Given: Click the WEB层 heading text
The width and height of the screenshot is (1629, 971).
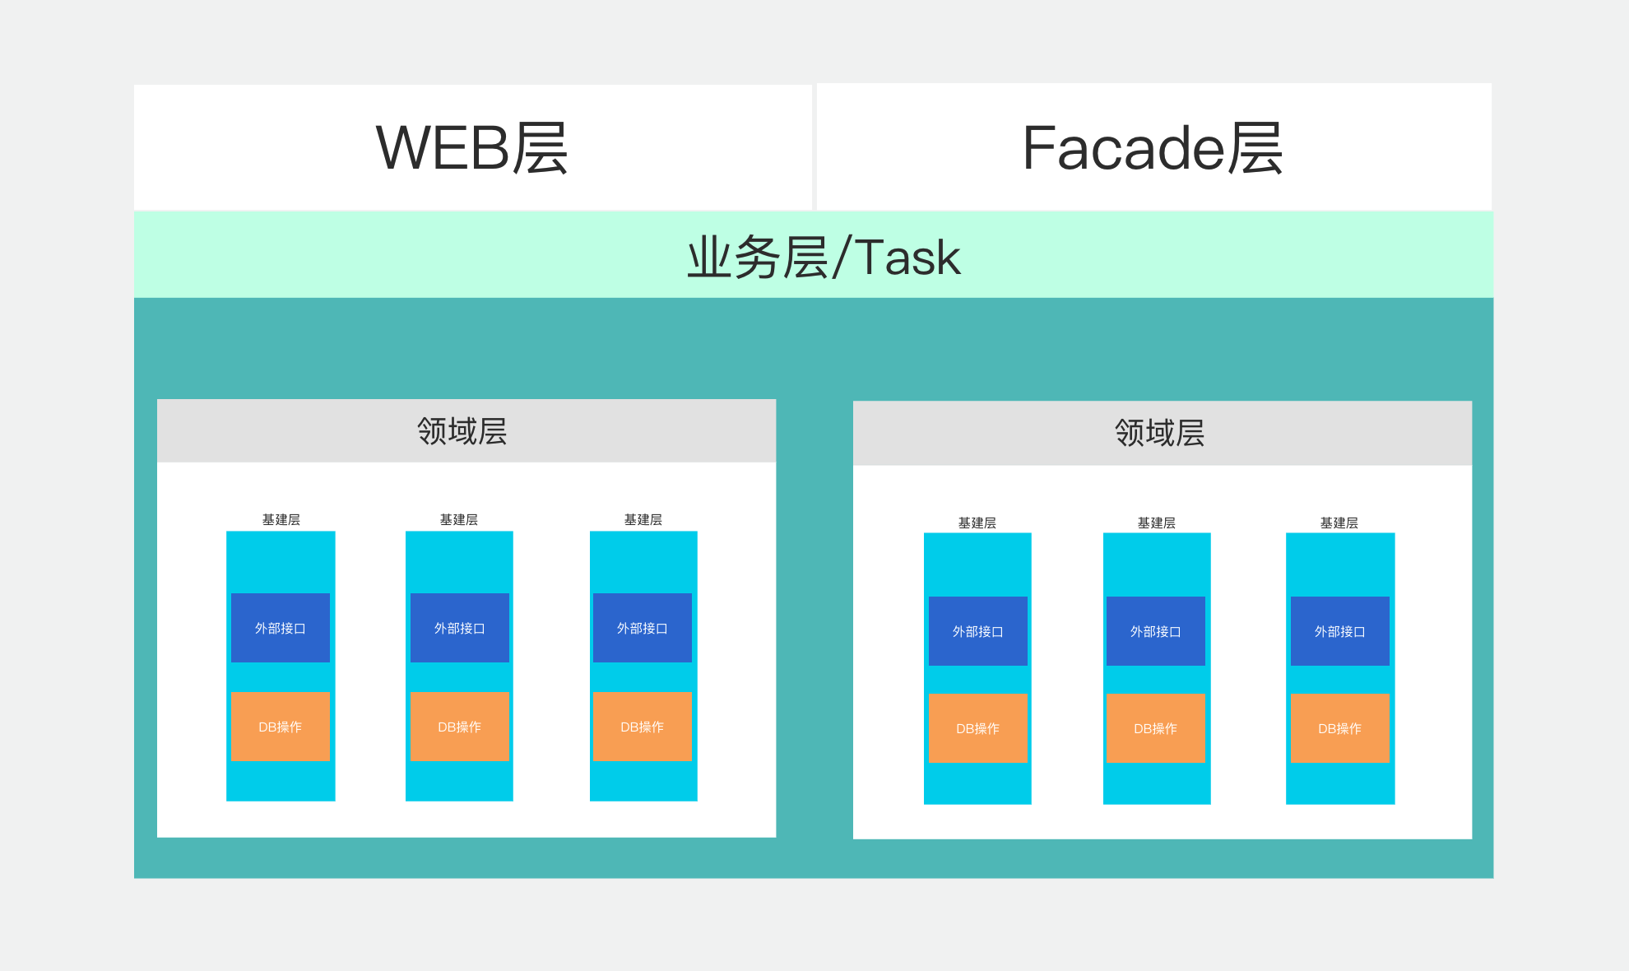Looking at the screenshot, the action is [471, 148].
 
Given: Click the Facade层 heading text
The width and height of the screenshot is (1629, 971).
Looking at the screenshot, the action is [1153, 148].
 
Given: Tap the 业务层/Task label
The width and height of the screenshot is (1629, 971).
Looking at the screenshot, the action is [824, 257].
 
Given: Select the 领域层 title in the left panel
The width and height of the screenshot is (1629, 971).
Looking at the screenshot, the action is [462, 431].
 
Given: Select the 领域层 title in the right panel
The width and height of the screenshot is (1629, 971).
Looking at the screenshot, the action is [1160, 433].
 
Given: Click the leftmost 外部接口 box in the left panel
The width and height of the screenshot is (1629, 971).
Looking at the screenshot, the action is [281, 628].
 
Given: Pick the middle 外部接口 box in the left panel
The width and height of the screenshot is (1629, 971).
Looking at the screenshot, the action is [460, 628].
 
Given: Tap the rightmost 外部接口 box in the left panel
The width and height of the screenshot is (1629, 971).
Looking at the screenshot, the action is [643, 628].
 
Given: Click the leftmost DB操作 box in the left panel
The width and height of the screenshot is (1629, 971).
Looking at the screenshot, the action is [281, 727].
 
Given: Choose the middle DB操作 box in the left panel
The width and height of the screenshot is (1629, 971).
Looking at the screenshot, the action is [460, 727].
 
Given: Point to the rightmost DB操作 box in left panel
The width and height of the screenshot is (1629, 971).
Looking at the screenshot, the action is [643, 727].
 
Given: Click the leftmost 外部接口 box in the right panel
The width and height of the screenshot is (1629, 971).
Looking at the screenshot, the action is [978, 631].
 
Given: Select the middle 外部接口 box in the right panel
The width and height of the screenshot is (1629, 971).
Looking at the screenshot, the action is [1156, 631].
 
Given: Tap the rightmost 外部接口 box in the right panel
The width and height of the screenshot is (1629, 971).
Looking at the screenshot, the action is [1340, 631].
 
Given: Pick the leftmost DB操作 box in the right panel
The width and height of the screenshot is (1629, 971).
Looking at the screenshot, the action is [978, 728].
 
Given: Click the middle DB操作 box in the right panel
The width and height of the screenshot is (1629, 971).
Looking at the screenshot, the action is [1156, 728].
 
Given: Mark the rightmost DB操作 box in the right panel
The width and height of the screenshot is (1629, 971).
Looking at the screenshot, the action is [1340, 728].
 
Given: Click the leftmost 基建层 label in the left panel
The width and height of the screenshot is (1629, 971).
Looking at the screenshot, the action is [281, 520].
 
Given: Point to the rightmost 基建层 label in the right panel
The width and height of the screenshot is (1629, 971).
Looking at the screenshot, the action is [1339, 523].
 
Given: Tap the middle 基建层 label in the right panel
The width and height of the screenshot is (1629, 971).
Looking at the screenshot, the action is [1157, 523].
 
